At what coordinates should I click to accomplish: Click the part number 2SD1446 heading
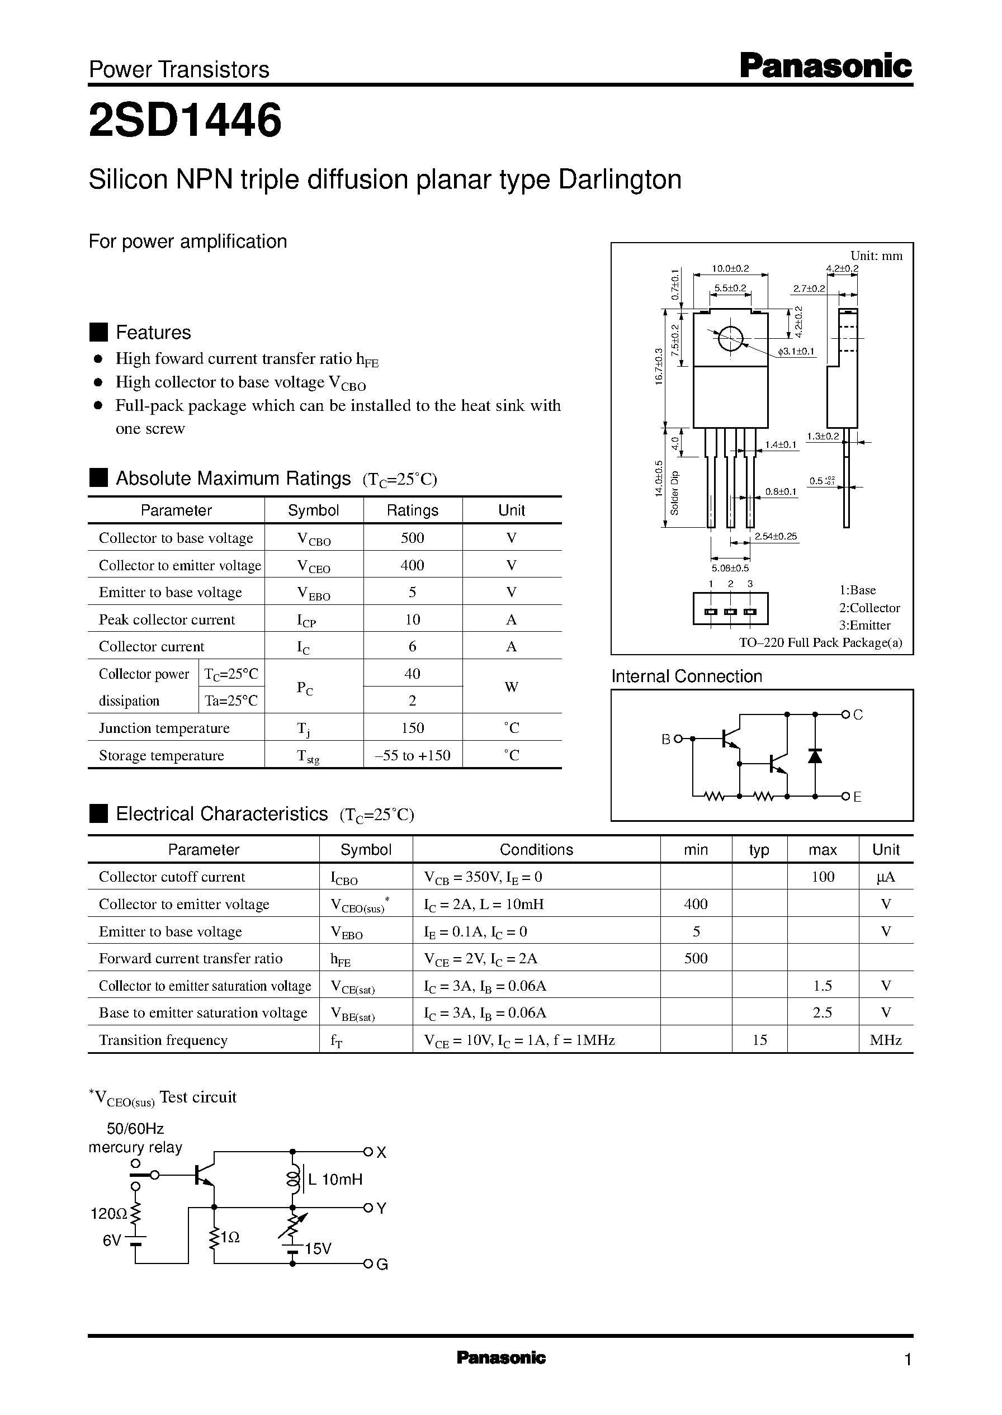point(185,120)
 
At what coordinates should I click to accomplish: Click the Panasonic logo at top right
point(825,67)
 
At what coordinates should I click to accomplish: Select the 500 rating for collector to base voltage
point(412,538)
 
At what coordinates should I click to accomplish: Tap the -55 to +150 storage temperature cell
point(412,756)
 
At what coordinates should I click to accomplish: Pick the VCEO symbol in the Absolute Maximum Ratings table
point(314,566)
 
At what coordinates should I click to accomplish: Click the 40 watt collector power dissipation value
point(412,674)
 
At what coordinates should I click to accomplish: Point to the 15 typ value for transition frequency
point(759,1040)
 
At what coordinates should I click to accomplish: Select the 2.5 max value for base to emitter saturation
point(823,1013)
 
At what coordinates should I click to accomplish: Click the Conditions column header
point(536,850)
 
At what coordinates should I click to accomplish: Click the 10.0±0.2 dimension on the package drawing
point(730,268)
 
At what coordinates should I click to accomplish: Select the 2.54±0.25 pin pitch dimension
point(776,537)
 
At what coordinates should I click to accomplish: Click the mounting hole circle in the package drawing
point(730,338)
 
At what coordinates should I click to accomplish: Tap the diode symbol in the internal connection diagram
point(815,756)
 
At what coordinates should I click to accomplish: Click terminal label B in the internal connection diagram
point(666,739)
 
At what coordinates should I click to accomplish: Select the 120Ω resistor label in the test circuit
point(108,1214)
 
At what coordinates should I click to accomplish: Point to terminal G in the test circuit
point(382,1265)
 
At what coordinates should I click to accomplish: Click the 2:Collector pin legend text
point(869,608)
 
